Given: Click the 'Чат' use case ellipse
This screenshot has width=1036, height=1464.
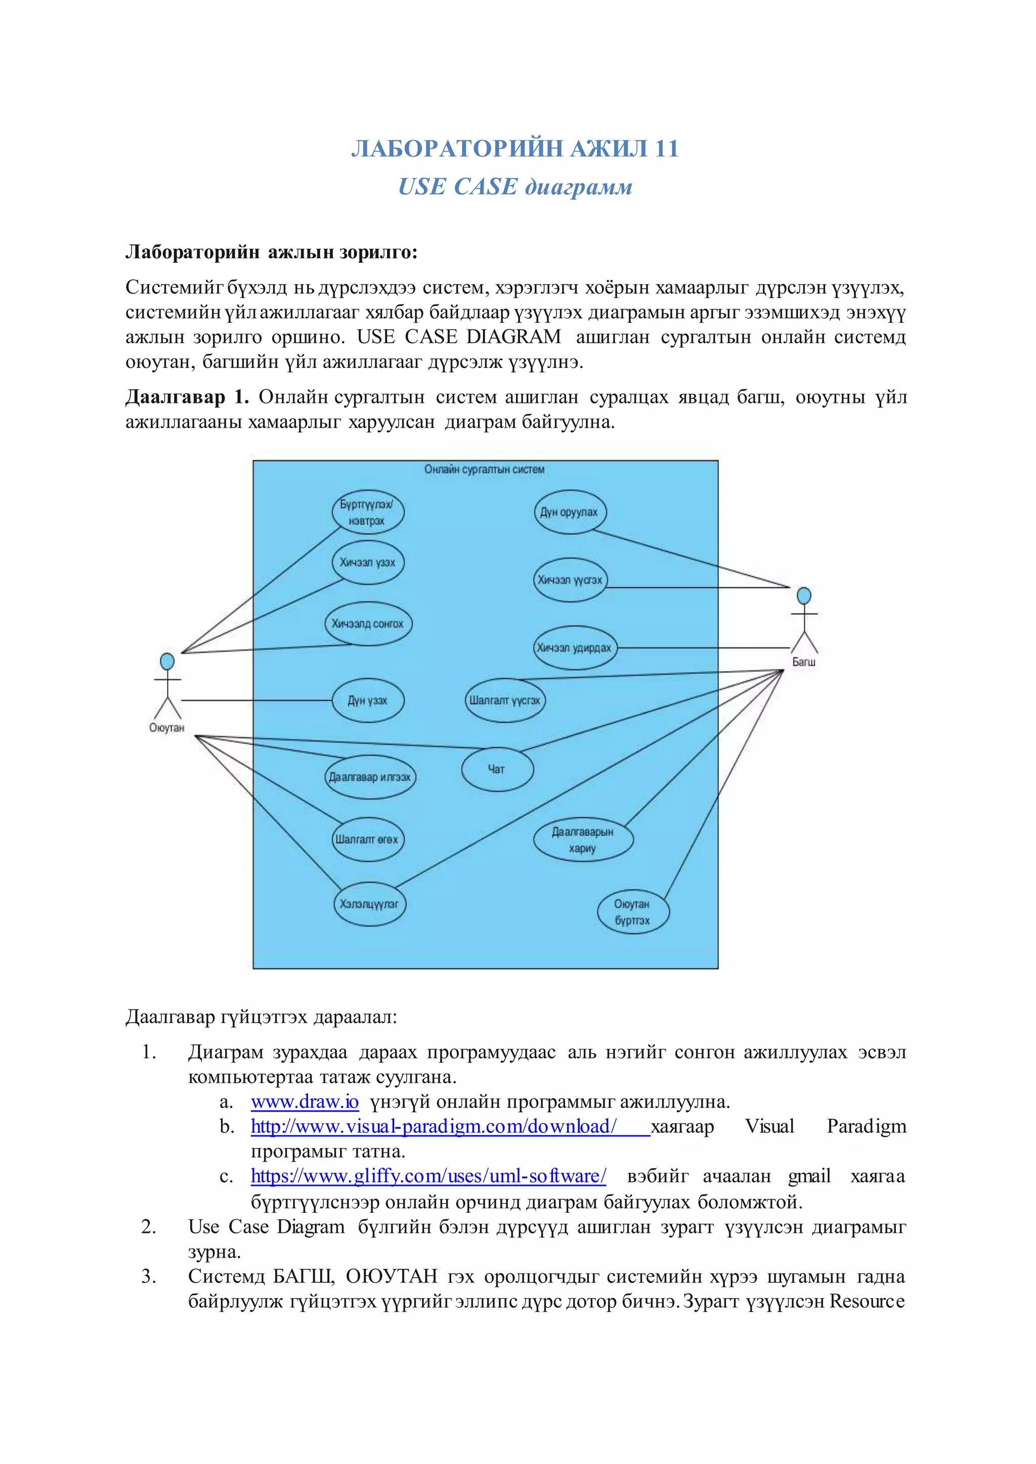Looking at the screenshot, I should click(497, 769).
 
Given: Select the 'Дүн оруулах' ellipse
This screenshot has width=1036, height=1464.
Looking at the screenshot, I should click(570, 512).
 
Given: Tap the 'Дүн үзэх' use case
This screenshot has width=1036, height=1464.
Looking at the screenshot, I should click(368, 701).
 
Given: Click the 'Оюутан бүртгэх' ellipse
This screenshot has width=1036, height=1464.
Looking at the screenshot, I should click(632, 912).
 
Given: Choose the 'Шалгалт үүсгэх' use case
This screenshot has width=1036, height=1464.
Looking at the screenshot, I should click(505, 700).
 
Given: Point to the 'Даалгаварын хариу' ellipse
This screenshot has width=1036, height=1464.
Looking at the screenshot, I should click(582, 840).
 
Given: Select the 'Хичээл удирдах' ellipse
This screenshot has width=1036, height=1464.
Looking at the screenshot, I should click(574, 648).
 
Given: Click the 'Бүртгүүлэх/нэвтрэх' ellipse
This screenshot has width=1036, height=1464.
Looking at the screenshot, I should click(367, 513).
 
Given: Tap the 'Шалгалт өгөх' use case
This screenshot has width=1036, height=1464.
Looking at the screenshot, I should click(367, 840).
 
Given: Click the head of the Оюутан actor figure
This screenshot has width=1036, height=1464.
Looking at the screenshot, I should click(167, 661).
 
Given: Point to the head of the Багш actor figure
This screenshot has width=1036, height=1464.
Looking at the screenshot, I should click(804, 596).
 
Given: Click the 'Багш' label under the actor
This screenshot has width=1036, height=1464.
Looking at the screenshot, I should click(804, 662).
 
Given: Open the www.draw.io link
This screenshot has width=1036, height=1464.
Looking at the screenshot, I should click(305, 1102).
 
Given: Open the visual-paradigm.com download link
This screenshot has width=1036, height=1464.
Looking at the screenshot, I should click(434, 1127).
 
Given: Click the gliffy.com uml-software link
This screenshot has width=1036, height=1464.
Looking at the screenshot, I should click(428, 1176).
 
